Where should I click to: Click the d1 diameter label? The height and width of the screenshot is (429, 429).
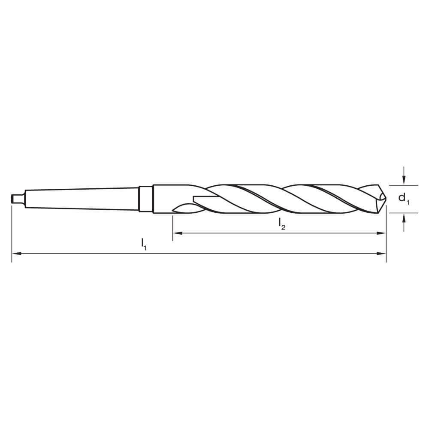[403, 199]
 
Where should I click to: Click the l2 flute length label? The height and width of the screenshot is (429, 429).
[281, 224]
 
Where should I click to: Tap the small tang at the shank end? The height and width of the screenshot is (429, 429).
[16, 199]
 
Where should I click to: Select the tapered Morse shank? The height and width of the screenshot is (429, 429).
[82, 199]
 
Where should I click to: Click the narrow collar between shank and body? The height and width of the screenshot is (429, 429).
[145, 199]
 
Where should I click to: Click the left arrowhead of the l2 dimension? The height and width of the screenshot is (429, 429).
[176, 233]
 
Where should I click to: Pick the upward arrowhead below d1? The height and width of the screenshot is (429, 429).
[404, 218]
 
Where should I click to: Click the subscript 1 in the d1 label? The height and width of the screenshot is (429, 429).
[408, 202]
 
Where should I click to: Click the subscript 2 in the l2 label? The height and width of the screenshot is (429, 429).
[284, 227]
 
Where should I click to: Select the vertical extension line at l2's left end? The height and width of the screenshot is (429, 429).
[172, 227]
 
